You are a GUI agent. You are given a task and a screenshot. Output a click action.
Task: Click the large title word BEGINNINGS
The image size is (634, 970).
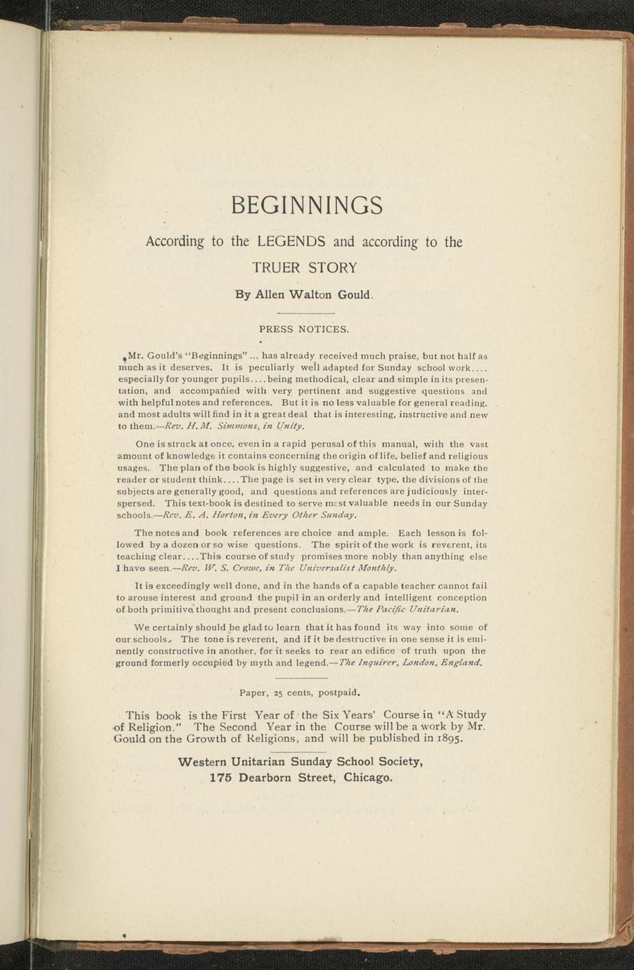pyautogui.click(x=307, y=205)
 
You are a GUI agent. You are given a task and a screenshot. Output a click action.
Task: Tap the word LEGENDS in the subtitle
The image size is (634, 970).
pyautogui.click(x=291, y=242)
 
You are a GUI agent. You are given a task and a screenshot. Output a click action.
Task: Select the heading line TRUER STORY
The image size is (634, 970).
pyautogui.click(x=305, y=268)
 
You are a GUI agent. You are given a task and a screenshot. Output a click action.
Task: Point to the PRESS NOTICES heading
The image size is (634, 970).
pyautogui.click(x=304, y=328)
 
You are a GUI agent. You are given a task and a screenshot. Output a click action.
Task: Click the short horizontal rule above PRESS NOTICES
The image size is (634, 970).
pyautogui.click(x=305, y=312)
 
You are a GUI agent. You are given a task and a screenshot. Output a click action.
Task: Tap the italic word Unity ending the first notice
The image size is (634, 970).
pyautogui.click(x=291, y=426)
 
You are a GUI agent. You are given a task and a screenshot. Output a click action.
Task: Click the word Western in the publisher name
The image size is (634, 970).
pyautogui.click(x=205, y=762)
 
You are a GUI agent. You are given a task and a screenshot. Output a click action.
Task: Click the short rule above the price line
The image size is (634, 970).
pyautogui.click(x=305, y=678)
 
